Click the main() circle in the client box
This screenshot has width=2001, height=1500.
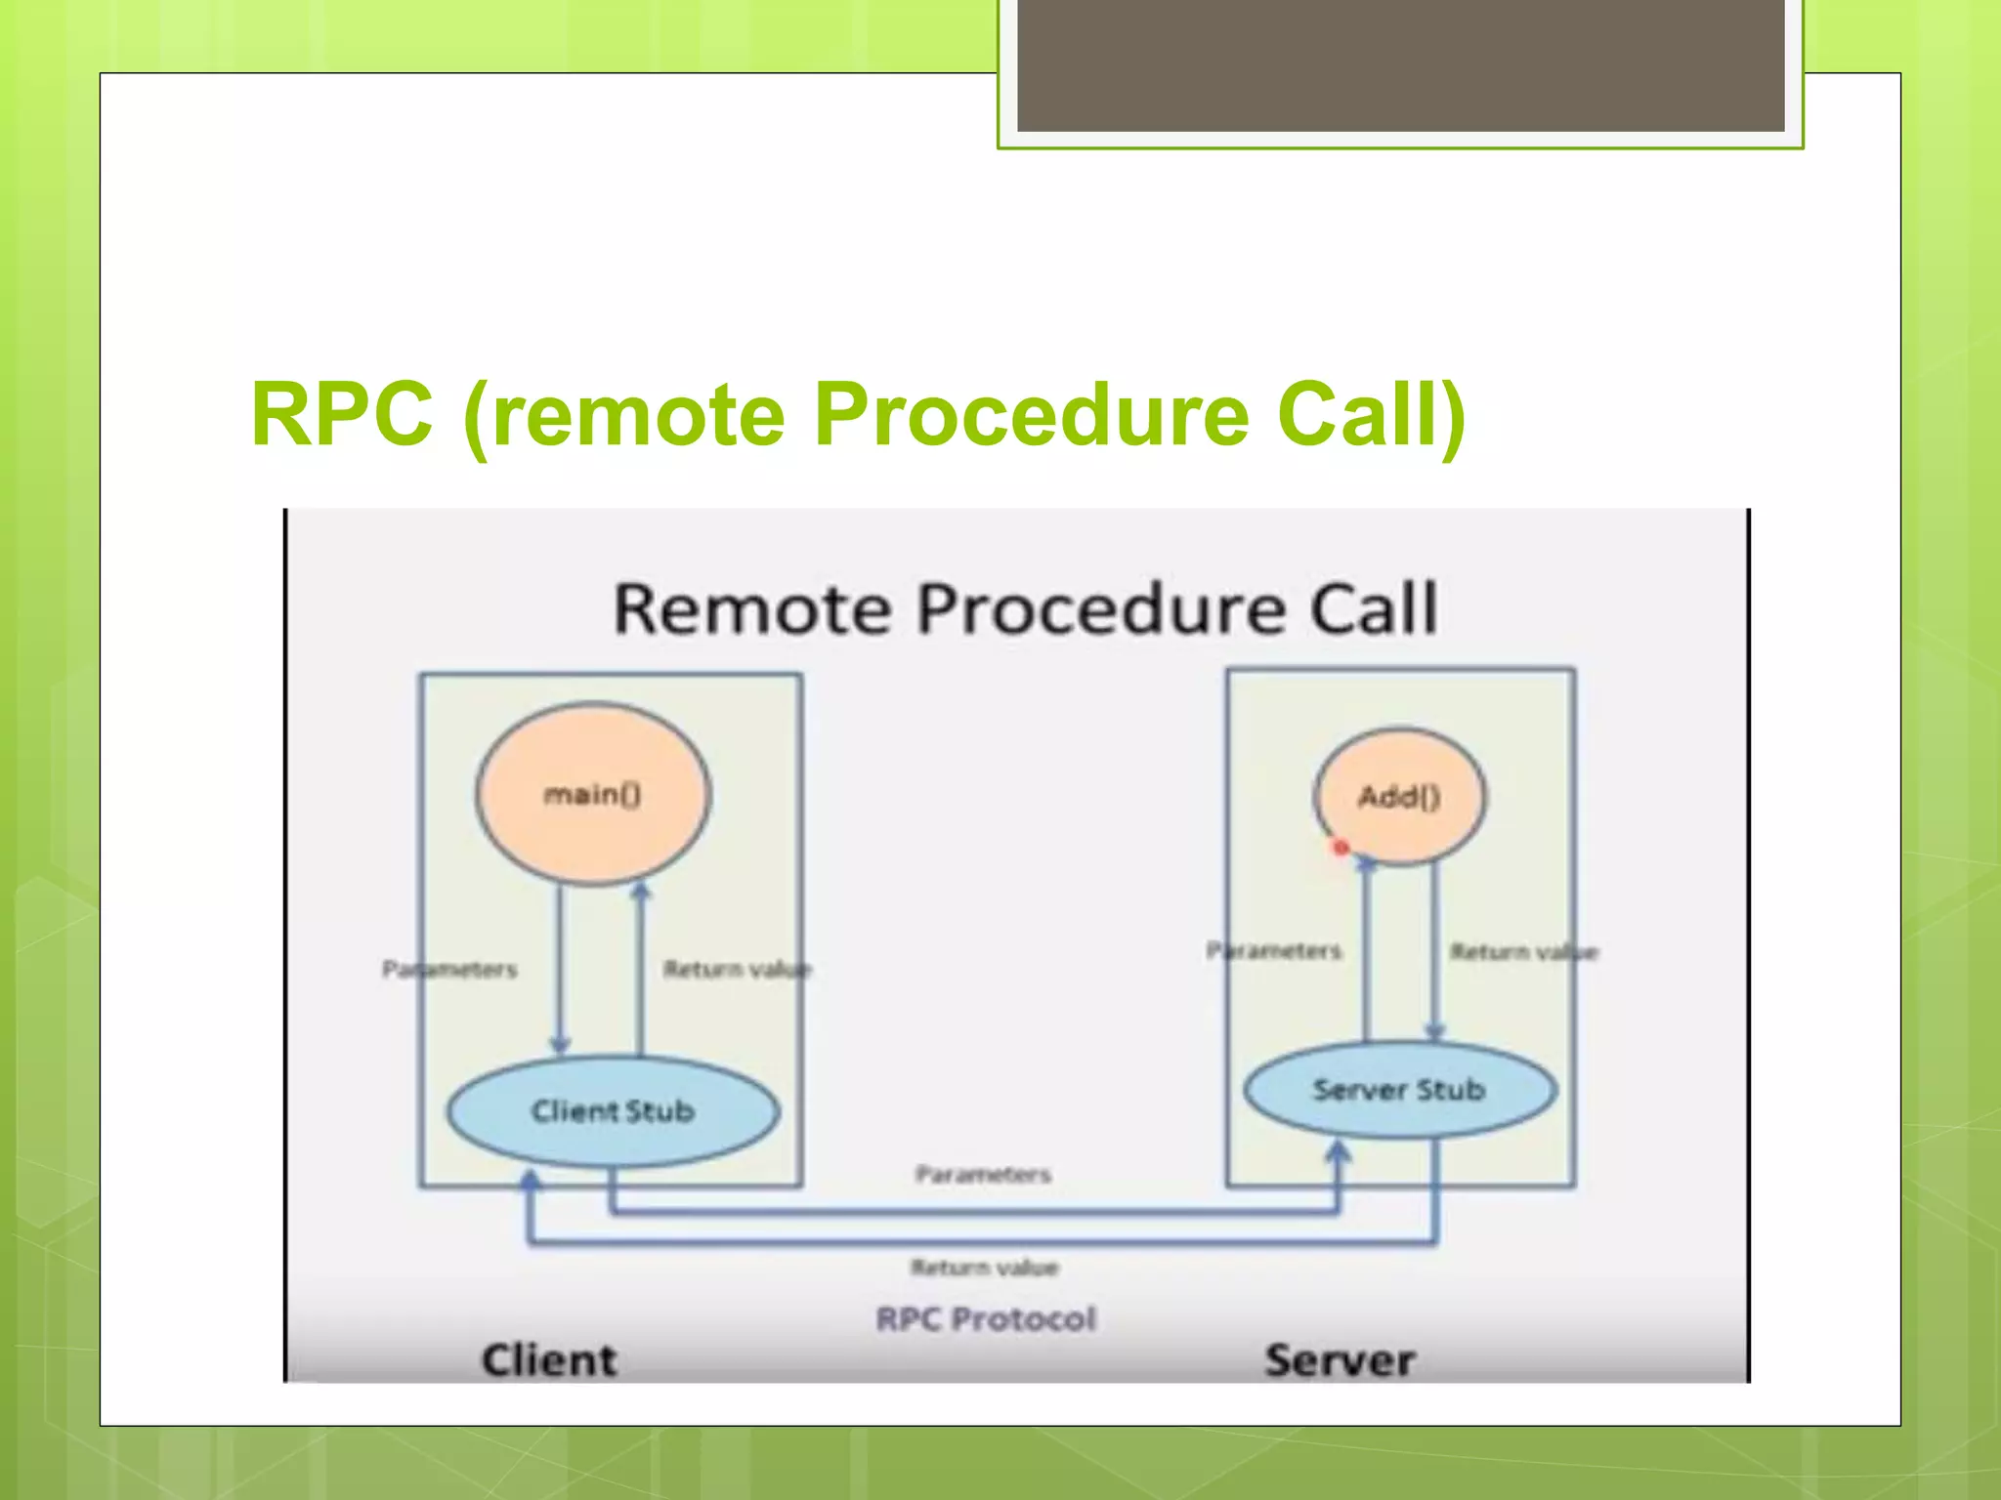point(593,794)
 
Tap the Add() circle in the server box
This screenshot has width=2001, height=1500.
point(1399,797)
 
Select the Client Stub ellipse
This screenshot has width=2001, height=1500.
point(613,1110)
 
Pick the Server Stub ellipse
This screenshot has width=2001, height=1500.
point(1399,1089)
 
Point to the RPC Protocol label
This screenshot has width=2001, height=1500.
point(986,1319)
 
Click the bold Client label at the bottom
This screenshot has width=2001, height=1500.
point(549,1360)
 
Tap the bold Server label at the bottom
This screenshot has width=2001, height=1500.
point(1340,1360)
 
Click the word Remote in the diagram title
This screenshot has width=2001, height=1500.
point(752,608)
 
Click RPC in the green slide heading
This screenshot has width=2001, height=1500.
point(341,414)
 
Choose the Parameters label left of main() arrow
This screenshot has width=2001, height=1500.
point(449,969)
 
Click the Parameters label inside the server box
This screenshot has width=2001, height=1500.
point(1274,950)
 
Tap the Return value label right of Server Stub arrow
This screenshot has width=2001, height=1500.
point(1524,951)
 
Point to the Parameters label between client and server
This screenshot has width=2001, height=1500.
point(983,1174)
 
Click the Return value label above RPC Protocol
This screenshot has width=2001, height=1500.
point(984,1268)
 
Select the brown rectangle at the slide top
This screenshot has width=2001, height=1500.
point(1400,64)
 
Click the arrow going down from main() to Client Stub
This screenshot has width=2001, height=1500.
point(560,967)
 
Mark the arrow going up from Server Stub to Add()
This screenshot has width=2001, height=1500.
point(1366,952)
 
